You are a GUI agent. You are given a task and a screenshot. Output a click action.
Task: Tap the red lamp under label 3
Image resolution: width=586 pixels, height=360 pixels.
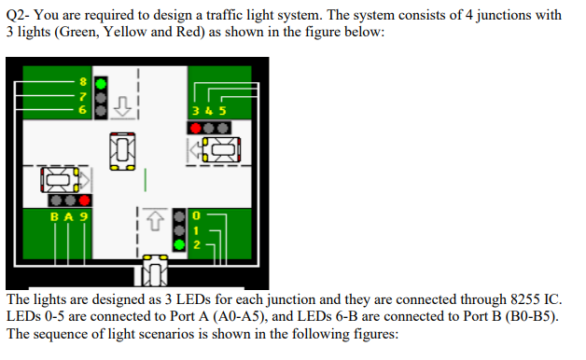tap(197, 126)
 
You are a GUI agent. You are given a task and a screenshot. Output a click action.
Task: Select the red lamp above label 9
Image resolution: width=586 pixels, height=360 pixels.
tap(84, 201)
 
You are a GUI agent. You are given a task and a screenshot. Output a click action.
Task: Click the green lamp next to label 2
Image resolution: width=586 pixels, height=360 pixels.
tap(178, 245)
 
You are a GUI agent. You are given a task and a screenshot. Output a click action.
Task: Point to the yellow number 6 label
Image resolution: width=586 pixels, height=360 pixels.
tap(81, 110)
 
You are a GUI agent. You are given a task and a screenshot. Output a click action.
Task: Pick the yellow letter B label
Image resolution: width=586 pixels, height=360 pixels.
tap(54, 216)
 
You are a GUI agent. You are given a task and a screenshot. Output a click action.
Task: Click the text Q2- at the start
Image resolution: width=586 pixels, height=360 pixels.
tap(18, 15)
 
